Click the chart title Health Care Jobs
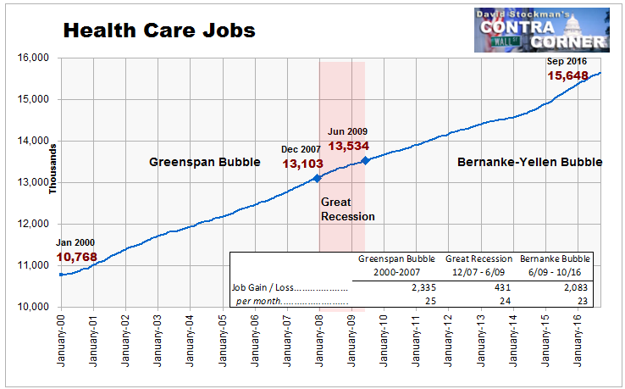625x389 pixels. click(x=159, y=31)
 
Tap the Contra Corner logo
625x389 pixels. click(x=542, y=30)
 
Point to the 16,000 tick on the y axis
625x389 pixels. click(x=33, y=58)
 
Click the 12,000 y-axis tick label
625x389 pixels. click(x=33, y=224)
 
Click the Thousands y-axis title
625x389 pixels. click(x=53, y=169)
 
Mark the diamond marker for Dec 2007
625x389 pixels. click(x=317, y=178)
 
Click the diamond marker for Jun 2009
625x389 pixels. click(x=365, y=160)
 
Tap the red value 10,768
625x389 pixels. click(x=76, y=257)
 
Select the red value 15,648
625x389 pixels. click(x=567, y=75)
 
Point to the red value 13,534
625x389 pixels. click(x=348, y=146)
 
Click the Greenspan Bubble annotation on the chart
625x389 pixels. click(x=204, y=162)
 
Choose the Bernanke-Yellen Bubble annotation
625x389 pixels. click(x=530, y=162)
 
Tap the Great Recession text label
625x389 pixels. click(x=347, y=209)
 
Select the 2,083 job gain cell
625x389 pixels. click(x=576, y=287)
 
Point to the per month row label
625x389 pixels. click(x=292, y=301)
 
